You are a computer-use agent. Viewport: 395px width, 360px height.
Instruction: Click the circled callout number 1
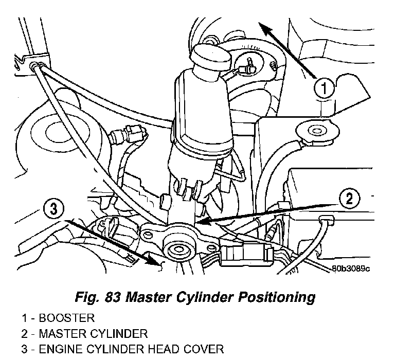(323, 89)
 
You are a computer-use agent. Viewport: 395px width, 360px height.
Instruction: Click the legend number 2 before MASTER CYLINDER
(25, 334)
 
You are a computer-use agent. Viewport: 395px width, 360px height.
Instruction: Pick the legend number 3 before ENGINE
(25, 350)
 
